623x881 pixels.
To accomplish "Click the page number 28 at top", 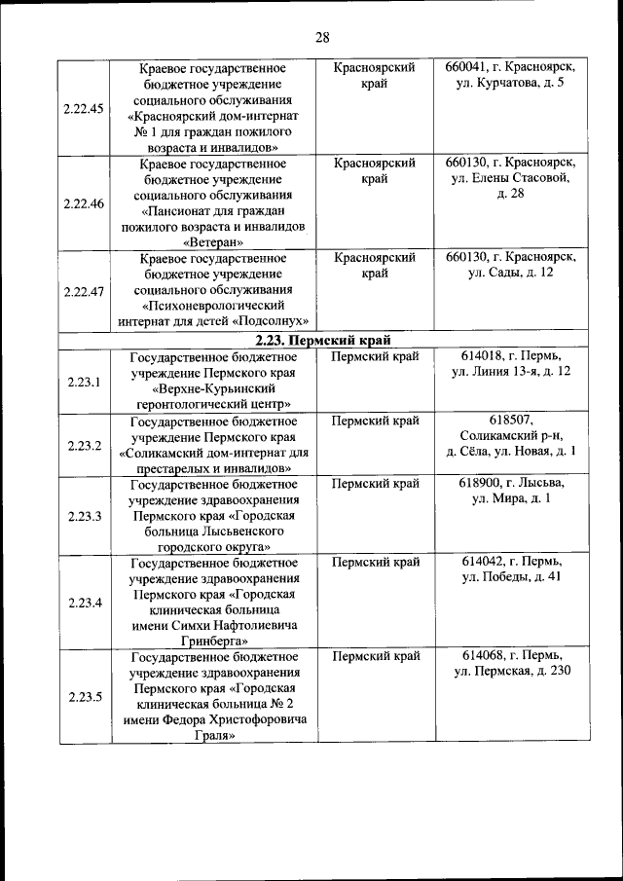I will click(x=323, y=37).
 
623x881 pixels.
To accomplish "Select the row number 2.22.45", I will click(x=83, y=108).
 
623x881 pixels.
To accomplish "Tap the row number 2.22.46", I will click(x=83, y=203).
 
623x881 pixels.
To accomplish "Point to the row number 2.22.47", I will click(x=83, y=291).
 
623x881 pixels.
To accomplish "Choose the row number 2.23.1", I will click(x=85, y=381).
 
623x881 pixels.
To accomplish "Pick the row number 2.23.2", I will click(x=85, y=445).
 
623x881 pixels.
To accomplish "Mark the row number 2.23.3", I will click(x=85, y=516).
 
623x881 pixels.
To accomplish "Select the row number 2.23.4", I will click(x=85, y=602).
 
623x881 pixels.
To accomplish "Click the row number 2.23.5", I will click(x=85, y=696).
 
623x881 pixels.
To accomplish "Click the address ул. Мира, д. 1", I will click(x=510, y=498).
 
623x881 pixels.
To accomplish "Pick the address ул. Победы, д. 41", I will click(x=510, y=578).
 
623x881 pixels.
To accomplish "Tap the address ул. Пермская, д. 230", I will click(x=512, y=672).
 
